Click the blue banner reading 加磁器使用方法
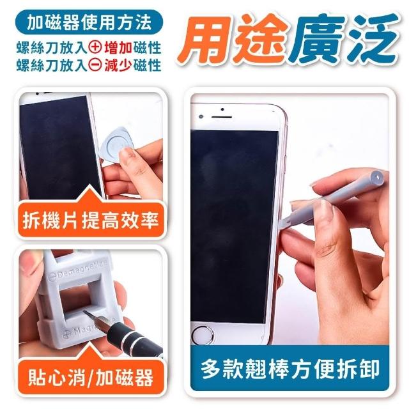(89, 22)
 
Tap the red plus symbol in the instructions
(95, 48)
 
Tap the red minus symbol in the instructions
(95, 65)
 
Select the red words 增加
(118, 48)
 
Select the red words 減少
(118, 65)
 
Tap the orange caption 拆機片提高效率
(91, 220)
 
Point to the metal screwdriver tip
(92, 315)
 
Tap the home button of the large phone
(203, 335)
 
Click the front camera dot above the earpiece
(222, 109)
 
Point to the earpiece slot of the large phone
(222, 117)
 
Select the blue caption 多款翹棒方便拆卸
(289, 368)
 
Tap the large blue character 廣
(318, 38)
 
